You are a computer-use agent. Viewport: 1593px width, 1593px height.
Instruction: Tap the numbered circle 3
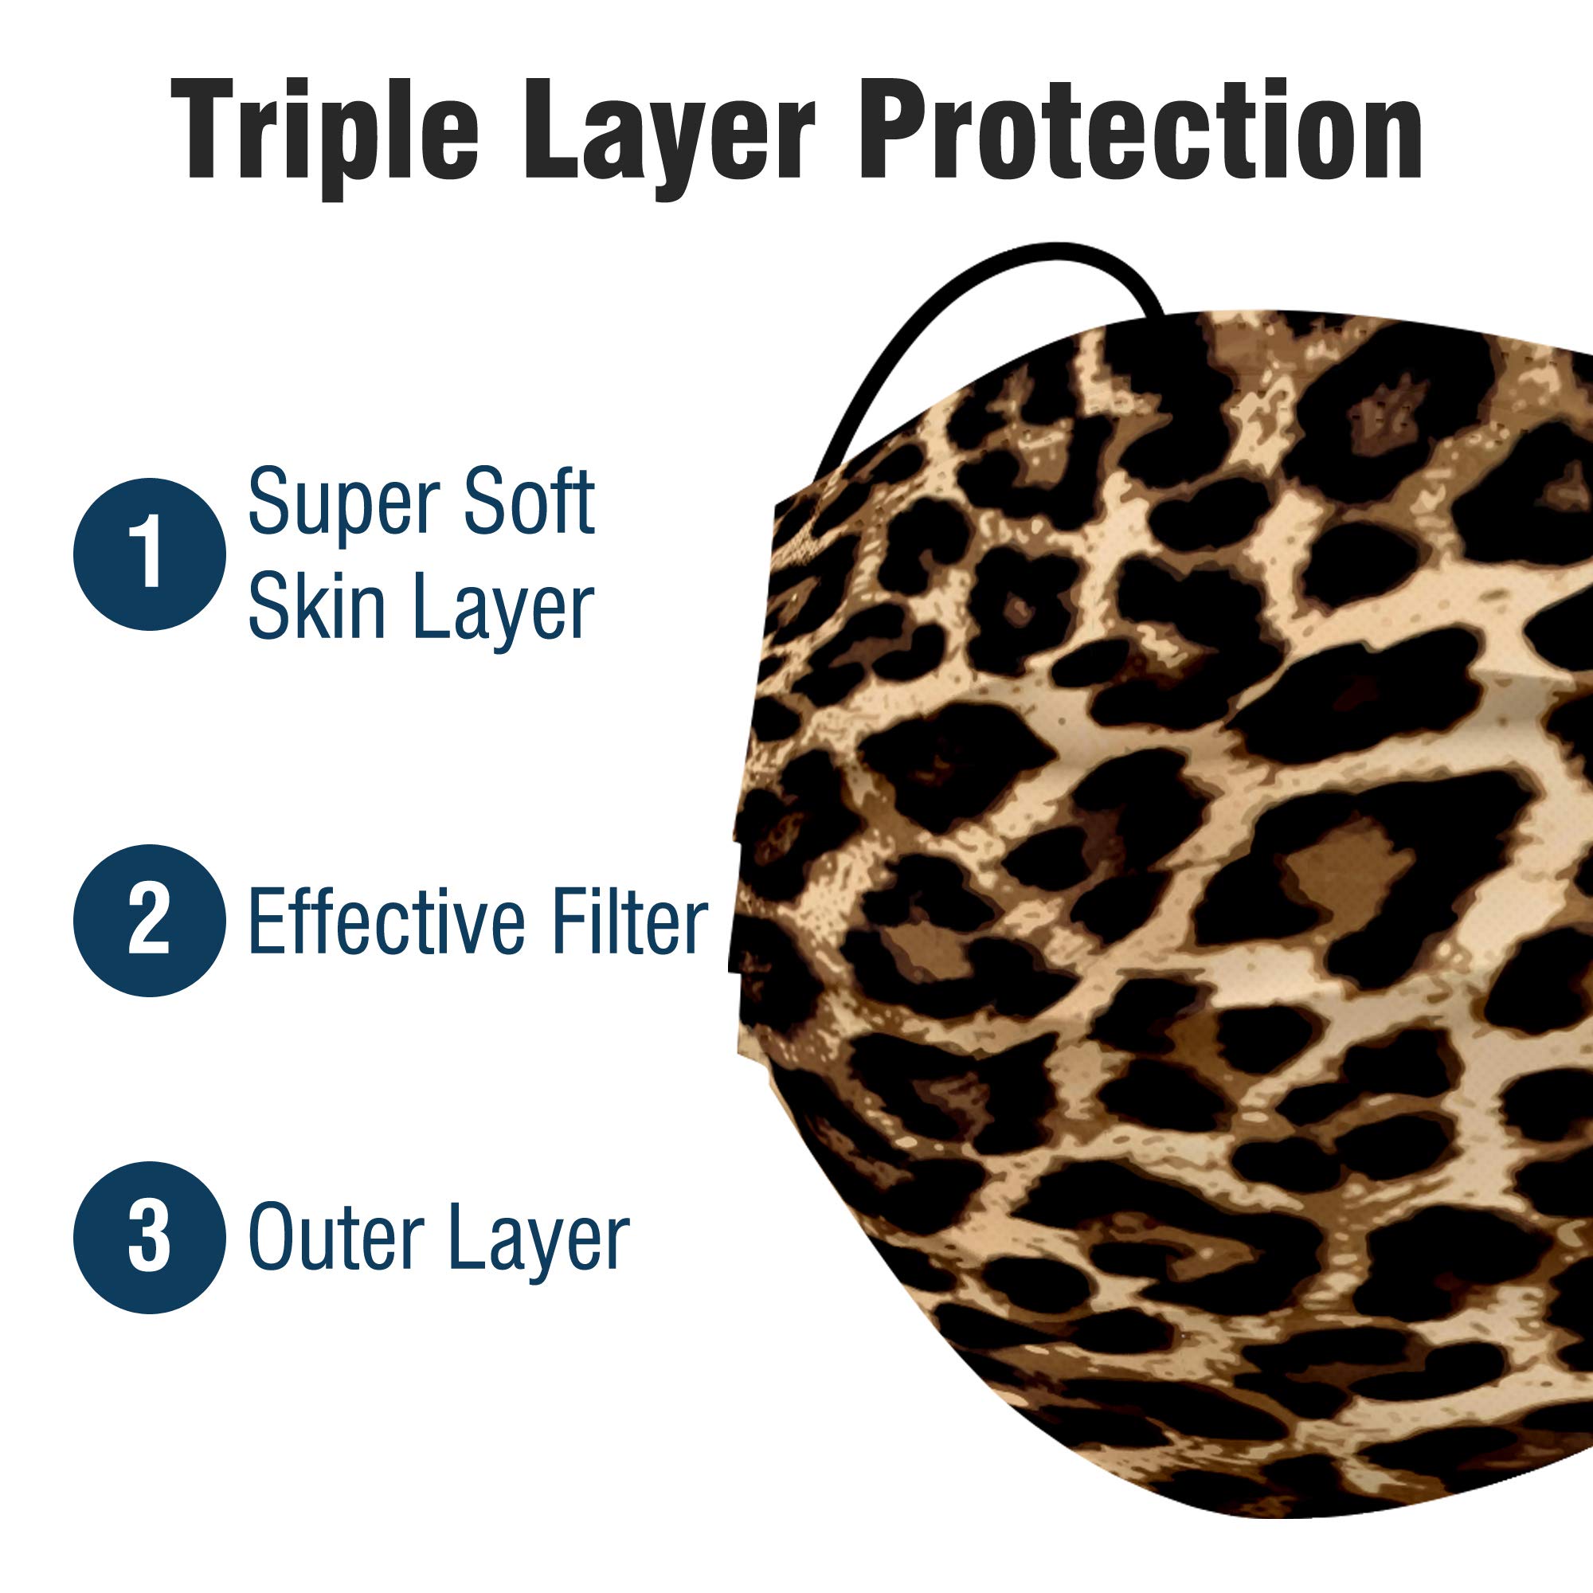(x=149, y=1237)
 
